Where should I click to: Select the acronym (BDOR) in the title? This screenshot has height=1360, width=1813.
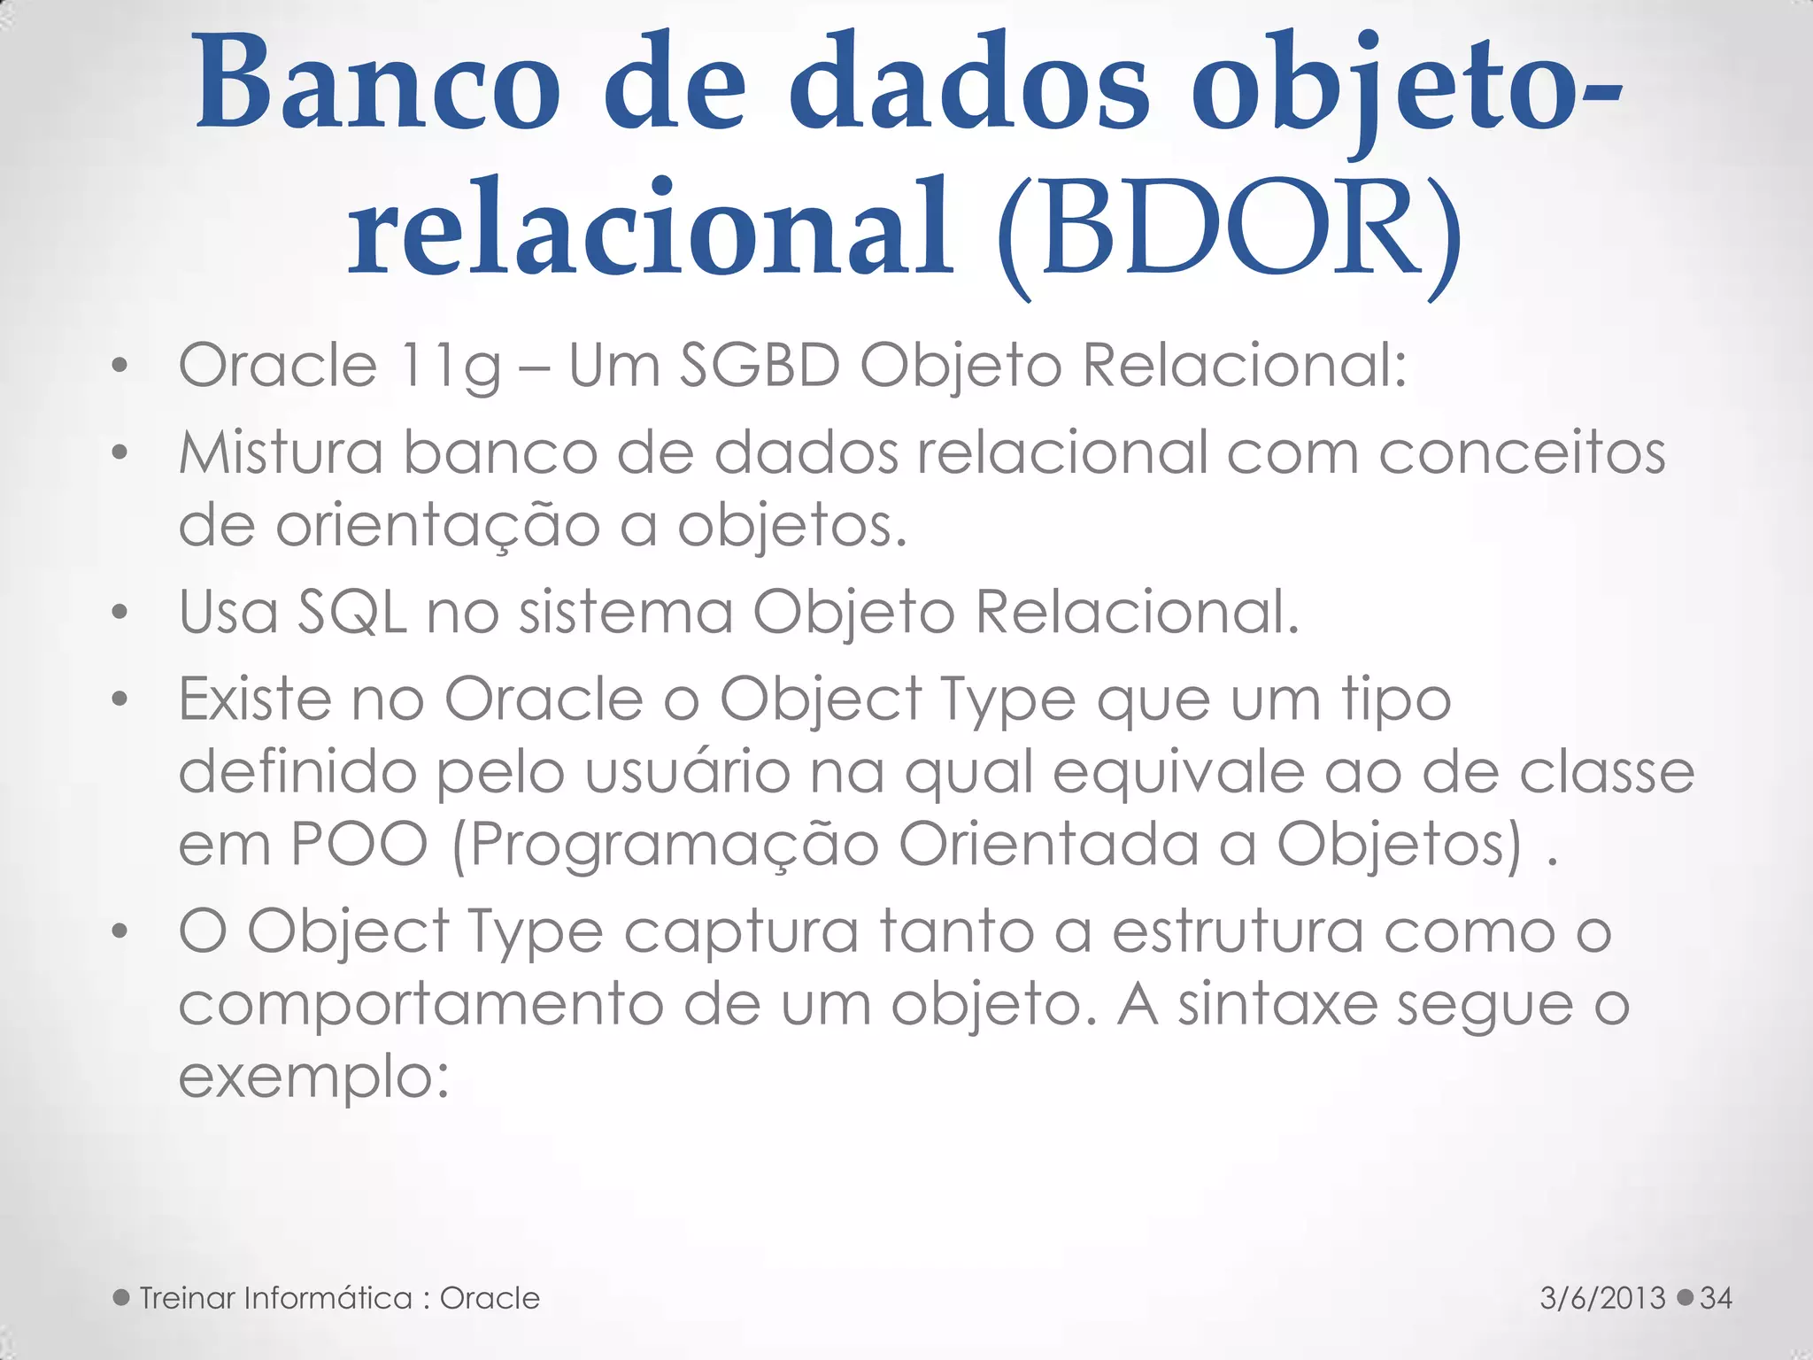pos(1229,233)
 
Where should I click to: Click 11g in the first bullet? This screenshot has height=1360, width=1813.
pos(450,366)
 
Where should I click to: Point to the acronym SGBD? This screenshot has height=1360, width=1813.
pos(760,365)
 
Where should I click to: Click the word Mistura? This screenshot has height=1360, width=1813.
pos(281,452)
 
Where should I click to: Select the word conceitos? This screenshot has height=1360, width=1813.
pos(1522,452)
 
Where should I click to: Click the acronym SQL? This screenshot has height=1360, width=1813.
pos(352,612)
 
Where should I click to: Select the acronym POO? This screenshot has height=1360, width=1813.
pos(359,844)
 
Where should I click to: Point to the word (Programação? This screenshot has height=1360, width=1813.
pos(665,846)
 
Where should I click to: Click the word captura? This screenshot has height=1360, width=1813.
pos(741,933)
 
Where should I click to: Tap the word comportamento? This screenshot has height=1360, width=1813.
pos(420,1006)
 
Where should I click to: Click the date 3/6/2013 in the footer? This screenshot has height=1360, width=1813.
pos(1602,1298)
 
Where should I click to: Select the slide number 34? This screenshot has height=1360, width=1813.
pos(1716,1298)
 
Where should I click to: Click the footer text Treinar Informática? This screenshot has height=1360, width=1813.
pos(275,1298)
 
